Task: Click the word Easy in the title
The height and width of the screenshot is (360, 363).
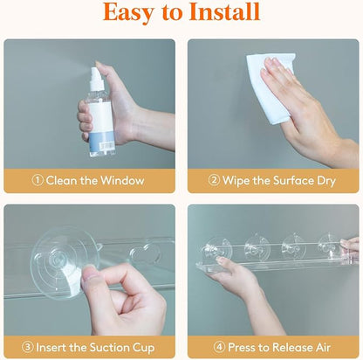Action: [128, 13]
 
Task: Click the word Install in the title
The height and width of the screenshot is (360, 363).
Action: [224, 11]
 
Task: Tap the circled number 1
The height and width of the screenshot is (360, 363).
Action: [38, 180]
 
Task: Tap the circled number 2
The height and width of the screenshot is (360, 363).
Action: [215, 180]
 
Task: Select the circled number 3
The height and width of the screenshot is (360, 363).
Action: [28, 347]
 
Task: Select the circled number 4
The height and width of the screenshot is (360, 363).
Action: [219, 347]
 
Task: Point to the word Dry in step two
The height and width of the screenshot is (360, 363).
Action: [326, 182]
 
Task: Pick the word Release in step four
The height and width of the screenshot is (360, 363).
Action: [293, 348]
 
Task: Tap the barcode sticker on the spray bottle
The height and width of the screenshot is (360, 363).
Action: [105, 146]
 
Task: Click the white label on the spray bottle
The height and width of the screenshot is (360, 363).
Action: [100, 117]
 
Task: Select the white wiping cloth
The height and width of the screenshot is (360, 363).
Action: [269, 87]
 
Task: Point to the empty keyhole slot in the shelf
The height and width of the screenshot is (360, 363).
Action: [145, 254]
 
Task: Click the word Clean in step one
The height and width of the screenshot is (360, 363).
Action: [62, 181]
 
